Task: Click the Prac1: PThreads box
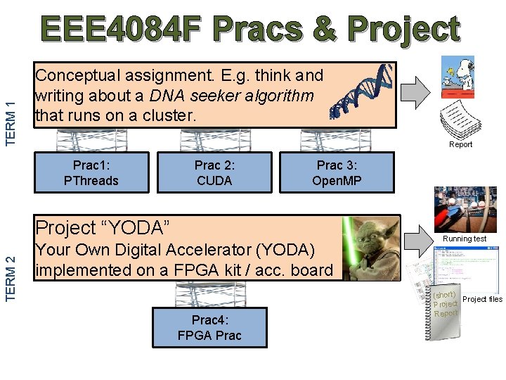[91, 172]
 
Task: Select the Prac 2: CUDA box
[214, 172]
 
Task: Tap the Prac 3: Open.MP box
[337, 173]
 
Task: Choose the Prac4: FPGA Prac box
[209, 327]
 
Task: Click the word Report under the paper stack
[461, 144]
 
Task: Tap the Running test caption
[465, 239]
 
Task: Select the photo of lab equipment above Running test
[465, 210]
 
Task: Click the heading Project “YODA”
[104, 227]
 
